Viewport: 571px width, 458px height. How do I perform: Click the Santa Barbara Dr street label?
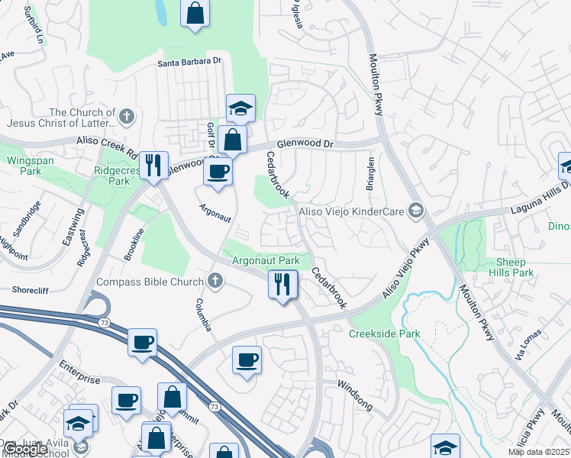(189, 63)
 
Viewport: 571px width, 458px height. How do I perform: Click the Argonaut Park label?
(266, 260)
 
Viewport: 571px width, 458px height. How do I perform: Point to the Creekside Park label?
(385, 334)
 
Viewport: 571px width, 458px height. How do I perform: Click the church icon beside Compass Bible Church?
(215, 281)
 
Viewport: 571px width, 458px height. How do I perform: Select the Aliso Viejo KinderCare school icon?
(416, 210)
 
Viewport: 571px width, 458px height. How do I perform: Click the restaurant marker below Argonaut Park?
(282, 285)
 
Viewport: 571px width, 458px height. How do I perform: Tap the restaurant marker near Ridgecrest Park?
(153, 165)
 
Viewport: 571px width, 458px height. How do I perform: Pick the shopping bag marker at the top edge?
(195, 13)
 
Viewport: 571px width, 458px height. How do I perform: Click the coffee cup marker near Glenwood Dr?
(218, 171)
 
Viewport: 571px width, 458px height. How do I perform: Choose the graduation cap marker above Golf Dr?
(240, 108)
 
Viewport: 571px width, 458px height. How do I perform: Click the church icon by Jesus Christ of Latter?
(127, 117)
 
